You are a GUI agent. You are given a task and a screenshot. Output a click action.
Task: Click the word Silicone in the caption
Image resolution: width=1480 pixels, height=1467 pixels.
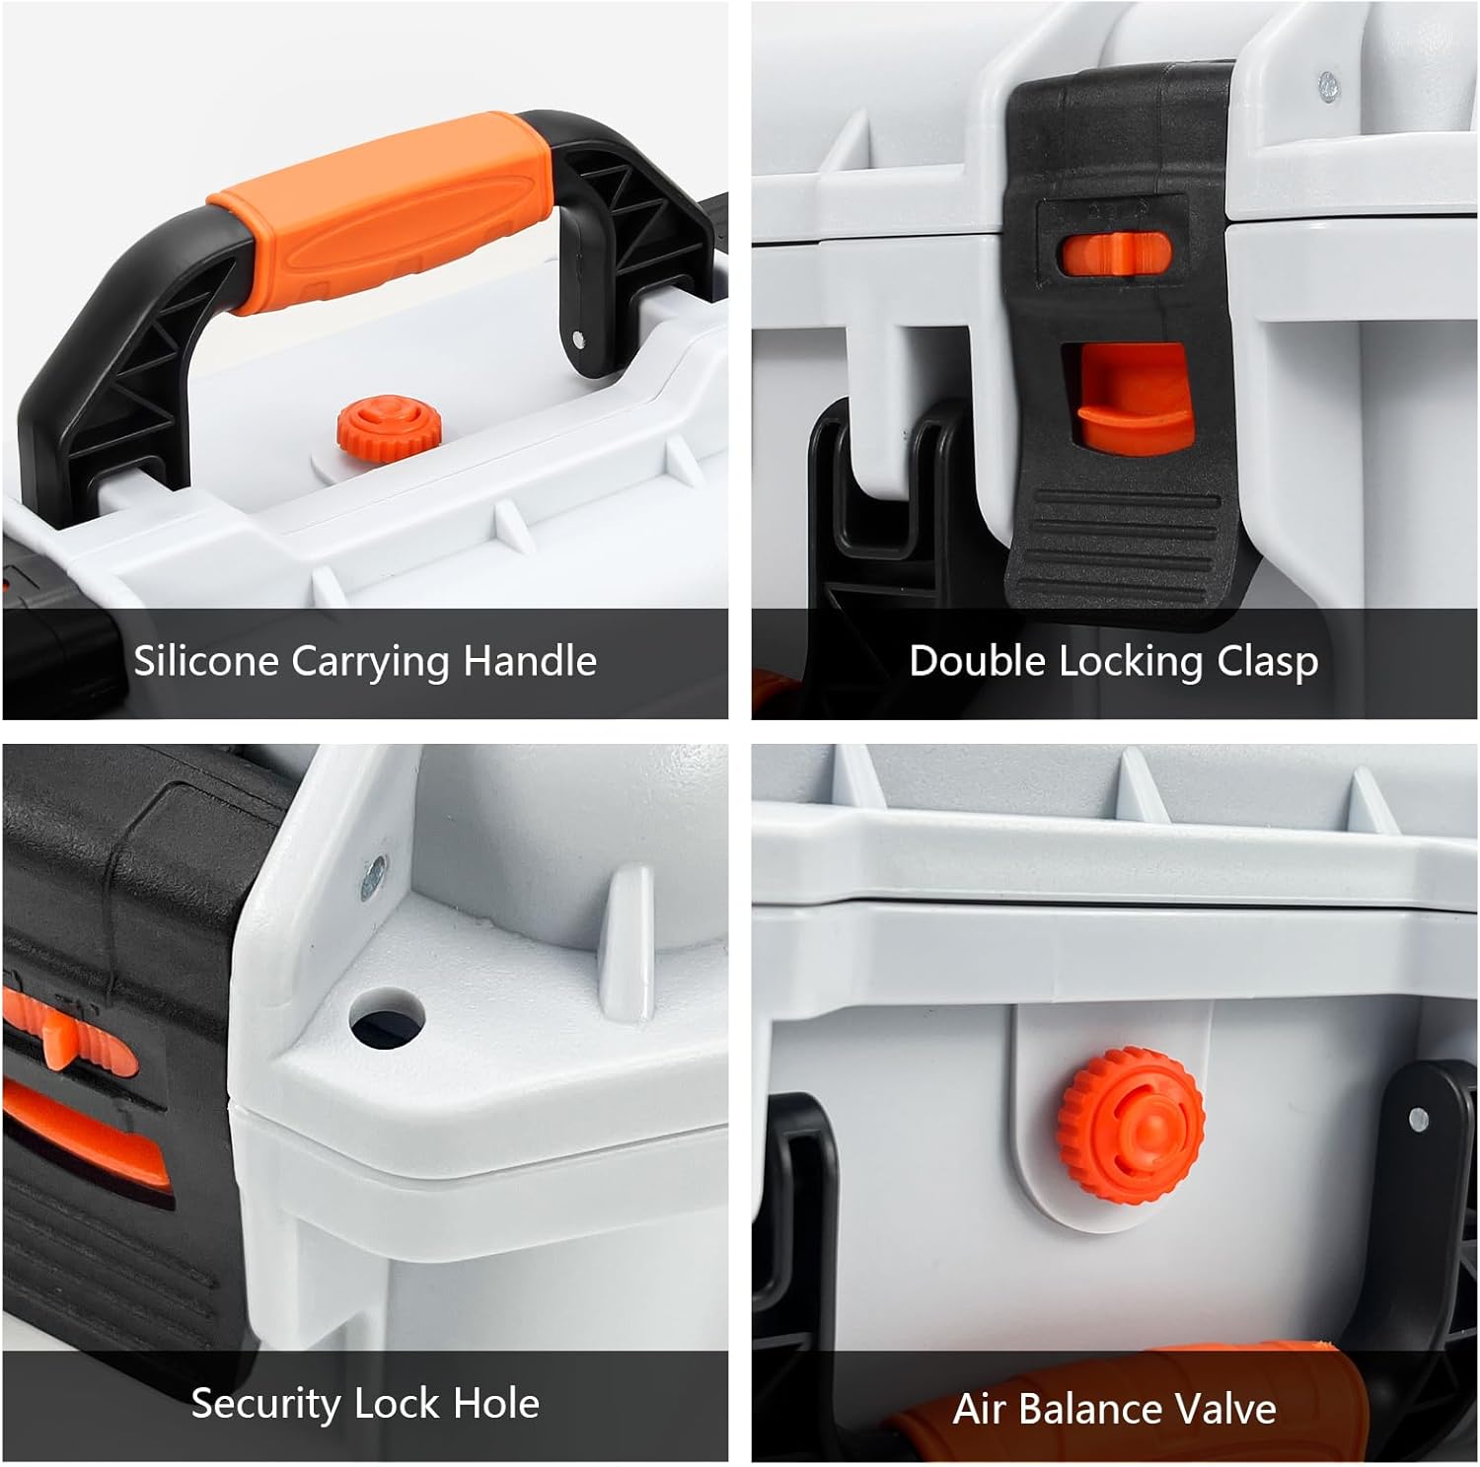tap(205, 661)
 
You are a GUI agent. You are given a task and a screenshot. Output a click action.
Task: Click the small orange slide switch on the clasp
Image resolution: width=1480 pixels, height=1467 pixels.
tap(1115, 254)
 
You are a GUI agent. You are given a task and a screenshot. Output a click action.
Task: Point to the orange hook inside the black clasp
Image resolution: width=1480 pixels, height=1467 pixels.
tap(1130, 404)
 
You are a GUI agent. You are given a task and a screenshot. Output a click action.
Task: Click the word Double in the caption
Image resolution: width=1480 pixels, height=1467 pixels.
tap(977, 661)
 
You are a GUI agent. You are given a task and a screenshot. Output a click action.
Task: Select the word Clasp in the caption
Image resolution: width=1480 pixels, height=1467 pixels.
tap(1268, 661)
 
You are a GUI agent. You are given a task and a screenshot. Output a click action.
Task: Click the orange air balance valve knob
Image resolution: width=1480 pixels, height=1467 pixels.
tap(1131, 1121)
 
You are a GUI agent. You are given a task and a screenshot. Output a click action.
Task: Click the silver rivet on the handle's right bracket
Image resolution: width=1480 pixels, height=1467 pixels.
tap(578, 339)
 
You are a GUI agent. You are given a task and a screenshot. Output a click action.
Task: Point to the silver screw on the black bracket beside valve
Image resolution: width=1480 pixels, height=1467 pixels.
tap(1419, 1119)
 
